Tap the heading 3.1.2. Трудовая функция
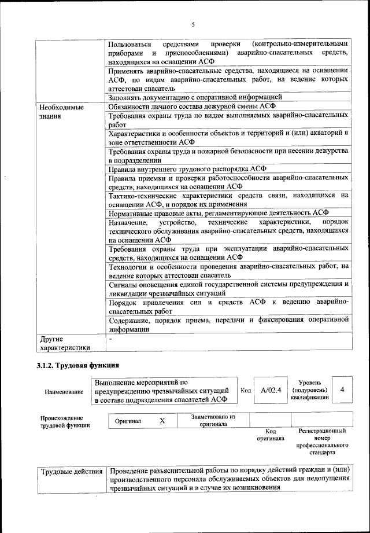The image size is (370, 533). pyautogui.click(x=77, y=366)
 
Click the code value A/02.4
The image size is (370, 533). pyautogui.click(x=271, y=391)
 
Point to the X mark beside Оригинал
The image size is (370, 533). pyautogui.click(x=162, y=421)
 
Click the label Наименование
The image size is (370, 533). pyautogui.click(x=64, y=392)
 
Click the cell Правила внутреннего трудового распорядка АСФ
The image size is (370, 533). pyautogui.click(x=187, y=169)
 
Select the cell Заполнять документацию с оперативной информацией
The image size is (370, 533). pyautogui.click(x=195, y=97)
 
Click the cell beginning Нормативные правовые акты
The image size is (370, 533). pyautogui.click(x=218, y=212)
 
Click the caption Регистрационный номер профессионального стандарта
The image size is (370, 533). pyautogui.click(x=322, y=442)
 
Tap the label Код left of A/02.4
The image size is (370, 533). pyautogui.click(x=245, y=391)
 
